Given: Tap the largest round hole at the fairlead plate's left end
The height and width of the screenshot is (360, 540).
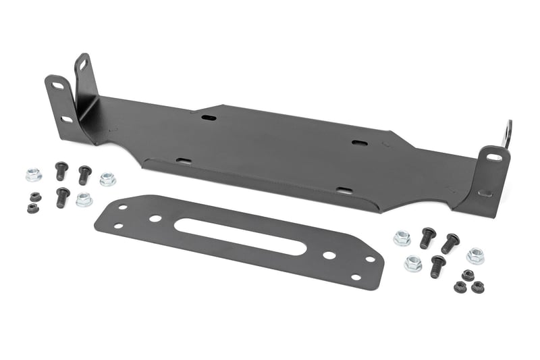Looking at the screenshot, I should coord(155,219).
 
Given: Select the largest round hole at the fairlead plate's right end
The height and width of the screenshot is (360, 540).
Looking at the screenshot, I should coord(329,255).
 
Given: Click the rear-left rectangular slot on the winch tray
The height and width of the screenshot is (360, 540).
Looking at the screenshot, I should coord(209,118).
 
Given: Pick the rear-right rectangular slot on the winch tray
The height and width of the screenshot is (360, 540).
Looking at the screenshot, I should coord(359,143).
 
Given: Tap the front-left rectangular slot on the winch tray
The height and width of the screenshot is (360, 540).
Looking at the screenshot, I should coord(184,161).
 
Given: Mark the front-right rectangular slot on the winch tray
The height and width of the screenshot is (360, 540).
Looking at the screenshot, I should coord(344,191).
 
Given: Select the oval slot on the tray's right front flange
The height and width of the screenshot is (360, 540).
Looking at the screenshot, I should coord(494,157).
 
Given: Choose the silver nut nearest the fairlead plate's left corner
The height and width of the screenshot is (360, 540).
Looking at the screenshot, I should coord(84,199).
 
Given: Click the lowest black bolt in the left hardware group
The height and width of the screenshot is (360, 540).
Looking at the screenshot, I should coord(62,197).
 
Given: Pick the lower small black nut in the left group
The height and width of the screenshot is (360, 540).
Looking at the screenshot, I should coord(32,207).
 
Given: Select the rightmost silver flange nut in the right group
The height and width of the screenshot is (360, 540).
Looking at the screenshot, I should coord(475,255).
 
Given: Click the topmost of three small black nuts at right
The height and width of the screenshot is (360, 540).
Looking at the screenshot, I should coord(467,275).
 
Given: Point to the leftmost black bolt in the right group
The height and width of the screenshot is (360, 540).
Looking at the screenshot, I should coord(427,237).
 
